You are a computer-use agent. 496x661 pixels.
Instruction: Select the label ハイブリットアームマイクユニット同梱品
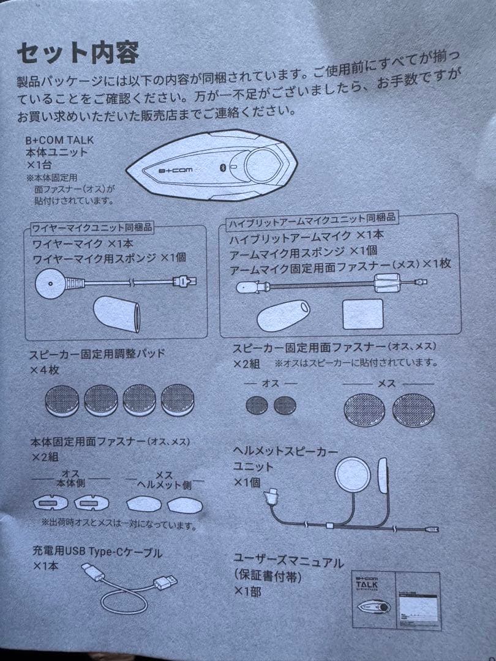pos(312,218)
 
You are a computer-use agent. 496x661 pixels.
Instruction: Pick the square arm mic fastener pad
pos(363,313)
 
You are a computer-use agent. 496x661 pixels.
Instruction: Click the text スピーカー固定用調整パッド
pos(97,354)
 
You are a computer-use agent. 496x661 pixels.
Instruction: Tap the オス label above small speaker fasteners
pos(270,383)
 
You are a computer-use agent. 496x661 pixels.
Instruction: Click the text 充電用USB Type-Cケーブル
pos(96,553)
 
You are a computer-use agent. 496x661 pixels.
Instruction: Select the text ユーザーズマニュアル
pos(288,561)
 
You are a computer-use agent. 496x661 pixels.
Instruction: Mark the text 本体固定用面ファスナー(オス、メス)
pos(110,441)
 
